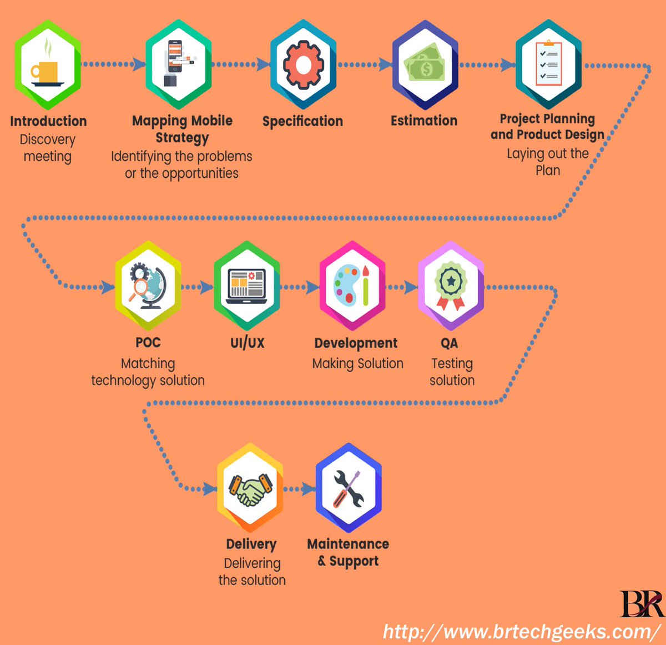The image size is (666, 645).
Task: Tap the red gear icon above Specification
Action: pyautogui.click(x=303, y=65)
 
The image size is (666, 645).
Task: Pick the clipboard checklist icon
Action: pyautogui.click(x=548, y=64)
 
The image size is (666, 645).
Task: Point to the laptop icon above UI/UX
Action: pyautogui.click(x=246, y=286)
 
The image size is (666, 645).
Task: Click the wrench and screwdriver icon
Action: pyautogui.click(x=349, y=488)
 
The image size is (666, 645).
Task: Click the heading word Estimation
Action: pyautogui.click(x=424, y=121)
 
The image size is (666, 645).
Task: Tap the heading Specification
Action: pyautogui.click(x=302, y=121)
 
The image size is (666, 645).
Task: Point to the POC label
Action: pyautogui.click(x=148, y=343)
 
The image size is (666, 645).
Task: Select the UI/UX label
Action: pyautogui.click(x=248, y=343)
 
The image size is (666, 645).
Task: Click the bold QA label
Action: pyautogui.click(x=450, y=343)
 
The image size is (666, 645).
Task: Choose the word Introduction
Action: pyautogui.click(x=48, y=121)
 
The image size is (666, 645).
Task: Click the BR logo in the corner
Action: pyautogui.click(x=640, y=604)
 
